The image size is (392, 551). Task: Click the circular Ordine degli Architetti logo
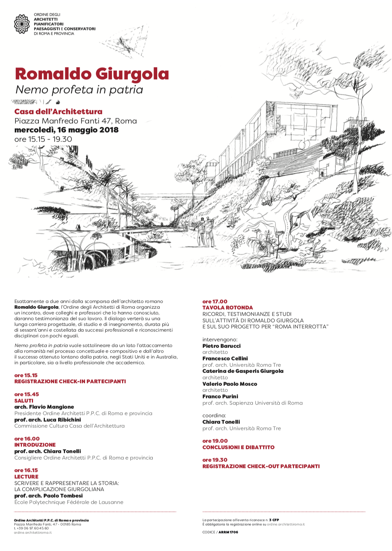tap(22, 24)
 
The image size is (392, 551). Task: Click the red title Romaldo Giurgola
tap(92, 74)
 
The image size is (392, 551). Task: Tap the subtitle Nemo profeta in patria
tap(79, 90)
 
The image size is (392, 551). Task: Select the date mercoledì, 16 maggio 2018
tap(66, 130)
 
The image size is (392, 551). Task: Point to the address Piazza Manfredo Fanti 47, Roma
tap(75, 121)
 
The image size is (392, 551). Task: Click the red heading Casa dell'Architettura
tap(58, 112)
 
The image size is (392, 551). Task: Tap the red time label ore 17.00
tap(215, 302)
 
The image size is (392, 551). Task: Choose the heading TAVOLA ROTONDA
tap(228, 308)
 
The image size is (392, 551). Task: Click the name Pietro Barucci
tap(221, 346)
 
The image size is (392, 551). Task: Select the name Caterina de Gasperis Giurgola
tap(243, 371)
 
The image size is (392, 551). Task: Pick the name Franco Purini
tap(220, 397)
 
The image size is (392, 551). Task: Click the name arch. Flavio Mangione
tap(44, 407)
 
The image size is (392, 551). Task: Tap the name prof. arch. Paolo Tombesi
tap(48, 496)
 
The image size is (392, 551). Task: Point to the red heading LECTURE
tap(26, 477)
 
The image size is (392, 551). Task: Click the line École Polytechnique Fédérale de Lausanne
tap(69, 502)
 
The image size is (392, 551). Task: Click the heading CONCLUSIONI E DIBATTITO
tap(238, 447)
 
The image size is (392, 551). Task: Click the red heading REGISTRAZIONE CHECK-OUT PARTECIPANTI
tap(261, 466)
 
